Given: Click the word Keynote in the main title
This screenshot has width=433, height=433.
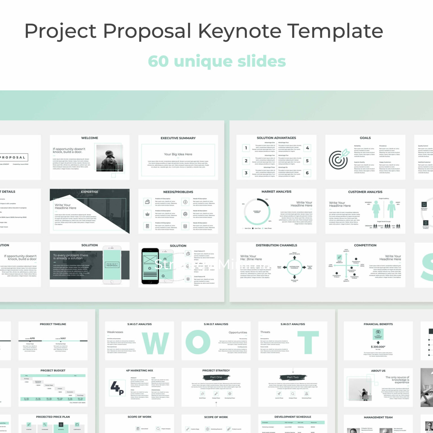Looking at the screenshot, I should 240,31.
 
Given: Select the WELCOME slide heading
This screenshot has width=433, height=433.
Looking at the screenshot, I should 90,138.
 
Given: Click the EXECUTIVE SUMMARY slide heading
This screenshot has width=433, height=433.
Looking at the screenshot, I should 178,138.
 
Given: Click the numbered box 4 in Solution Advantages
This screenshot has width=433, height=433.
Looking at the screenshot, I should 307,148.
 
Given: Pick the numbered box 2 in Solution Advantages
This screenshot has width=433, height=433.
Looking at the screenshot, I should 246,161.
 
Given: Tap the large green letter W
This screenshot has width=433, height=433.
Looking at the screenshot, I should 156,343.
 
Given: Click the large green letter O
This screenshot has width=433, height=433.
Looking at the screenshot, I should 198,342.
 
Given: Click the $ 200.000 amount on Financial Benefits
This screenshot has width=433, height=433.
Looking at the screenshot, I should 378,347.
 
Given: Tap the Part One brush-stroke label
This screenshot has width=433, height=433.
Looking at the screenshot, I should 216,377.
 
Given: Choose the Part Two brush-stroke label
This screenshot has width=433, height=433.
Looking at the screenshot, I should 293,377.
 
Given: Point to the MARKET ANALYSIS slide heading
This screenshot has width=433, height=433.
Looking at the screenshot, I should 276,192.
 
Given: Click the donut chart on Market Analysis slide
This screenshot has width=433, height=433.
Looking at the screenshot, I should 257,211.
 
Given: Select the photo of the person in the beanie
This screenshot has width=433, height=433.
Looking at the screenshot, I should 109,158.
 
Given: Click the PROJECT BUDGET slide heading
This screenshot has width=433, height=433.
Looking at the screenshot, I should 53,370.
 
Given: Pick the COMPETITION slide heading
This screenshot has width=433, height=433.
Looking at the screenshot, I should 365,245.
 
